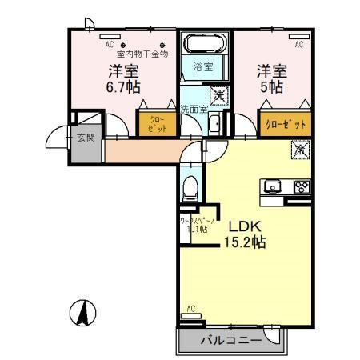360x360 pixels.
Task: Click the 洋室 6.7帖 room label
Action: pos(122,77)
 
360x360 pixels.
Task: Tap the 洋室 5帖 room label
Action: pos(270,77)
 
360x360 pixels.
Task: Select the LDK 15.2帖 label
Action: pos(238,232)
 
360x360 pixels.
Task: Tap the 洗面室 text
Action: pos(193,108)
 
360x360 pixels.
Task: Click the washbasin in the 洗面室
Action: pos(214,123)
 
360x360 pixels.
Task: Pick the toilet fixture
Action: pos(190,189)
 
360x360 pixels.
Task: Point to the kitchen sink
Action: pos(273,187)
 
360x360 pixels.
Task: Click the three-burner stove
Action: pos(301,187)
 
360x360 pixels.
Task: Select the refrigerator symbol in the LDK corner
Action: pos(299,149)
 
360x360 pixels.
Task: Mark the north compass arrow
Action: pos(82,312)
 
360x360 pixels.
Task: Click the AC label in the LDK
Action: pos(190,308)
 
